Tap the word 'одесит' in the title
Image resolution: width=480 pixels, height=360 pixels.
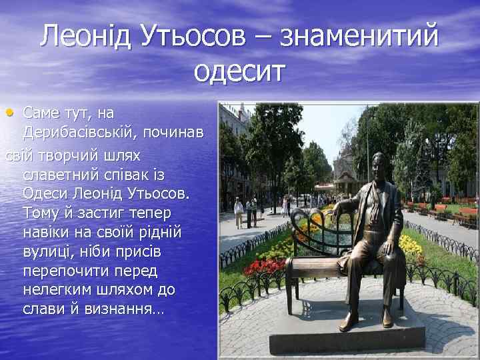point(239,70)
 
